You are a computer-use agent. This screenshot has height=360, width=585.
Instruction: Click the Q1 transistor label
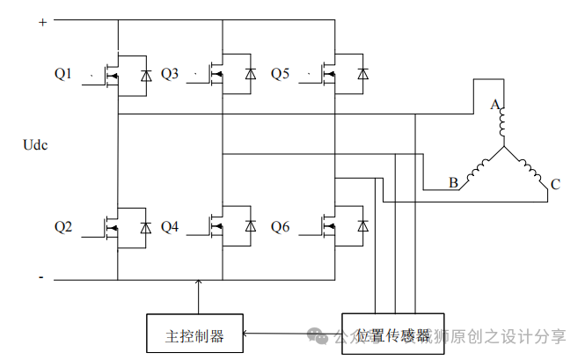(62, 74)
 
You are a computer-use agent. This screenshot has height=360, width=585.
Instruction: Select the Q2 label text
(62, 227)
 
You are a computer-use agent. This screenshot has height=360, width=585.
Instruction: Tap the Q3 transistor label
(169, 74)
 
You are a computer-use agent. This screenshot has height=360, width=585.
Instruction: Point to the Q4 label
(169, 227)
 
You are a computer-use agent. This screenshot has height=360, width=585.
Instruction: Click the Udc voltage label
(34, 145)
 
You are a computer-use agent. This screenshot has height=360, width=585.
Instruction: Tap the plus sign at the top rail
(41, 23)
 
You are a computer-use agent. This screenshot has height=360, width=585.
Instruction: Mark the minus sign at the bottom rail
(40, 277)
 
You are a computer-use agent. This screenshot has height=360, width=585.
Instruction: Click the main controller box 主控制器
(194, 335)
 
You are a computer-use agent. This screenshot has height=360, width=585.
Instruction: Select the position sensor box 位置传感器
(393, 334)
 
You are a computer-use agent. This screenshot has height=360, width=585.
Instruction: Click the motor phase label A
(495, 106)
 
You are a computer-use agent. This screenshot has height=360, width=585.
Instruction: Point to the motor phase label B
(453, 183)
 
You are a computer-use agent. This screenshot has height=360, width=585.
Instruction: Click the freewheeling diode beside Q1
(145, 73)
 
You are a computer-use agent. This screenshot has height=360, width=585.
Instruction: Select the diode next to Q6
(362, 226)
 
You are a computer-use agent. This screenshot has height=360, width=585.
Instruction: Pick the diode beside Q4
(251, 226)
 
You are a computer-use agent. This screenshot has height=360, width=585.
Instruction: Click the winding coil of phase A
(502, 127)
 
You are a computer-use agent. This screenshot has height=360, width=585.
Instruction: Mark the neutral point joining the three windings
(503, 150)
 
